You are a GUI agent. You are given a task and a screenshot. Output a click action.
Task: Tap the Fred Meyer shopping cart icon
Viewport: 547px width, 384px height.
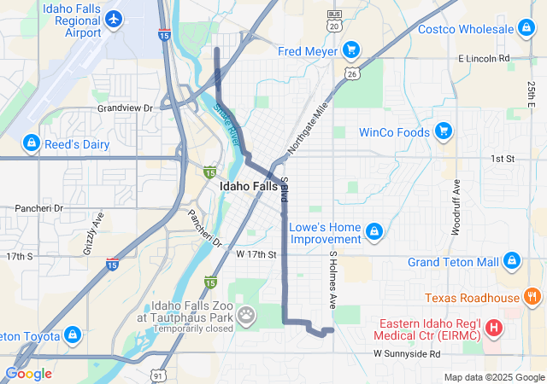(350, 51)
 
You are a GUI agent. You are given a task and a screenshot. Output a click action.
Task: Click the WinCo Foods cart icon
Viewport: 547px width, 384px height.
(443, 131)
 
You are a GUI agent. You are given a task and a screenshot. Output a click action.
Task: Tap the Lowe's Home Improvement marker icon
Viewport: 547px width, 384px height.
(373, 232)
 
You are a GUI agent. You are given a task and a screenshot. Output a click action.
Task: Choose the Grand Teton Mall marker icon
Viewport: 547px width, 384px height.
(512, 260)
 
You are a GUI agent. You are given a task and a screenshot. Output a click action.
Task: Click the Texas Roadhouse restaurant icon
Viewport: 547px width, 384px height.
(532, 297)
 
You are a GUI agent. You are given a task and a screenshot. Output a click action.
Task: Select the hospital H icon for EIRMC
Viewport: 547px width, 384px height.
(493, 327)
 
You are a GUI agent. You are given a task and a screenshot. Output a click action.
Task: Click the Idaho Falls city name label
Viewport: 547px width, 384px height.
(249, 186)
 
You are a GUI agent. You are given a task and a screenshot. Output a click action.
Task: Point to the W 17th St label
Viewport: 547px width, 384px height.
(257, 254)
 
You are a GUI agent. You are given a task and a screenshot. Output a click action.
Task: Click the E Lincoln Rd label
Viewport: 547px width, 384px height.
(484, 58)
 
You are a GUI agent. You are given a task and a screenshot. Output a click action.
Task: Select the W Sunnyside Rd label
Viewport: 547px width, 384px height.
(406, 353)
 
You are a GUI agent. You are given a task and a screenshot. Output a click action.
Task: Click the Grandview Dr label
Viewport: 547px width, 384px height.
(124, 108)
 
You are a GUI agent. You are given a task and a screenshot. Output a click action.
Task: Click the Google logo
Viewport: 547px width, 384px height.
(27, 373)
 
